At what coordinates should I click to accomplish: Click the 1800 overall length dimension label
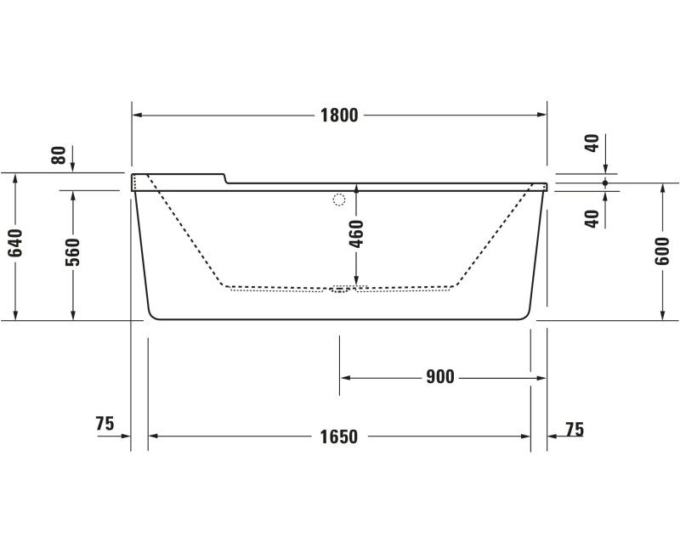[338, 115]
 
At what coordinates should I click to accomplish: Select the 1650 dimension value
[338, 437]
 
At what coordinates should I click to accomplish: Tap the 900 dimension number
[440, 377]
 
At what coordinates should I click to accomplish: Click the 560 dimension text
[73, 252]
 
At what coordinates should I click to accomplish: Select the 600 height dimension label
[662, 251]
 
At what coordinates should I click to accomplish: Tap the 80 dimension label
[59, 155]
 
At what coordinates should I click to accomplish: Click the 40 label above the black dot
[592, 142]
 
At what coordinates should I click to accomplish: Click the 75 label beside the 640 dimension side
[105, 424]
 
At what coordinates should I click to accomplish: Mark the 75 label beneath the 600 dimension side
[575, 430]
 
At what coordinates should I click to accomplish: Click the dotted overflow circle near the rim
[339, 200]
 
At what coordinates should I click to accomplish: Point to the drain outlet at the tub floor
[340, 290]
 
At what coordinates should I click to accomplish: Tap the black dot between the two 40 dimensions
[604, 183]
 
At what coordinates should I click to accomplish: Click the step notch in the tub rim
[224, 178]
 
